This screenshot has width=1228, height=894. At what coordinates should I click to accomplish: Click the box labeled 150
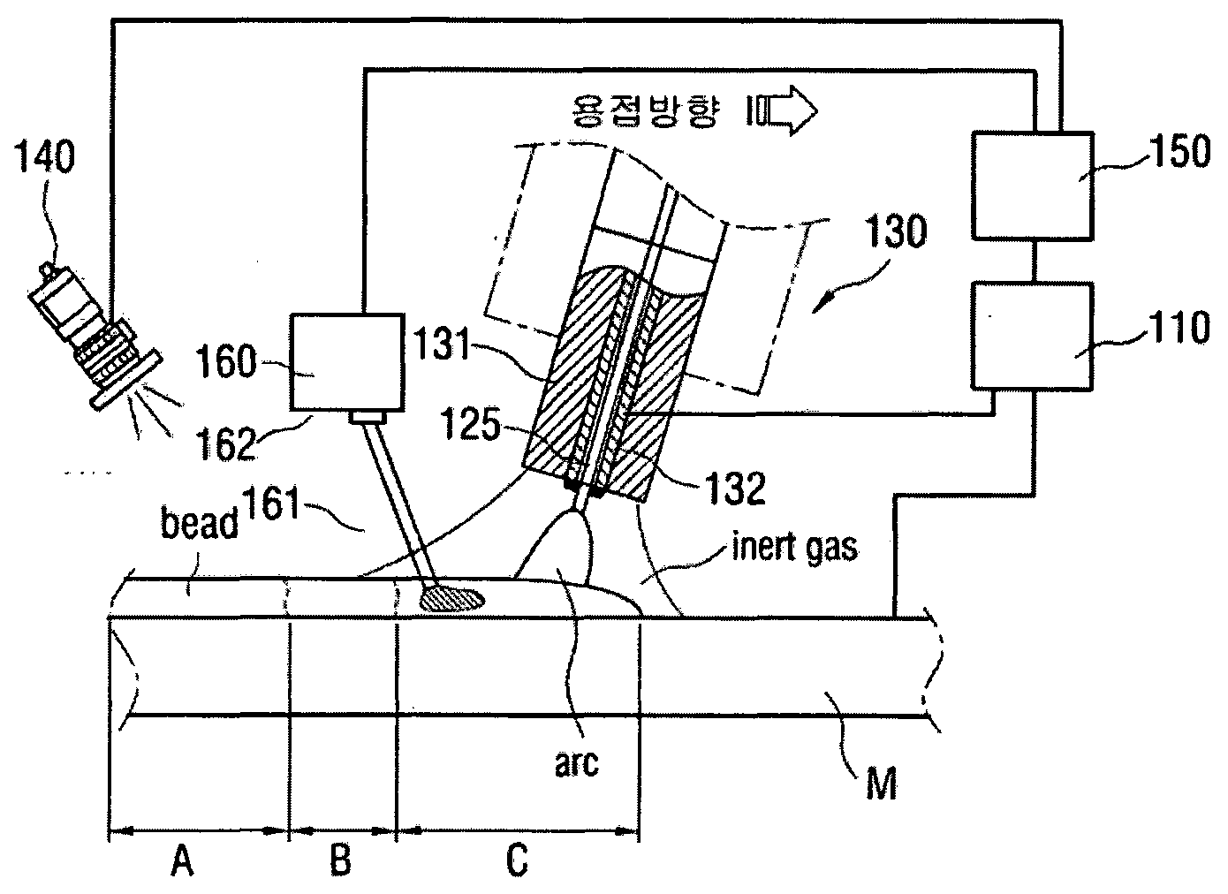tap(1033, 186)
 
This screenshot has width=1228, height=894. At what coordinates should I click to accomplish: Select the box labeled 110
tap(1032, 336)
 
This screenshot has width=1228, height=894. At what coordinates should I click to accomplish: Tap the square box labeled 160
tap(347, 362)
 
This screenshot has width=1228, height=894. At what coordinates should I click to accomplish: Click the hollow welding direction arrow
tap(783, 110)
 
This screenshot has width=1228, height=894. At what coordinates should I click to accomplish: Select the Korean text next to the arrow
tap(644, 111)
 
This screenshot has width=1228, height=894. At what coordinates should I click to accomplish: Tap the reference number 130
tap(895, 231)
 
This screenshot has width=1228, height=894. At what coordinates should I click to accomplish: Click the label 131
tap(442, 344)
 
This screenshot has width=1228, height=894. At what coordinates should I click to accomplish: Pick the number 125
tap(470, 423)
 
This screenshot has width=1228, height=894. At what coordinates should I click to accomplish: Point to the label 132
tap(735, 488)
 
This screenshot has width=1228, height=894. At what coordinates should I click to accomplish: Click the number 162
tap(227, 443)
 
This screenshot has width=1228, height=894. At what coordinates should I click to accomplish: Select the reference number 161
tap(271, 503)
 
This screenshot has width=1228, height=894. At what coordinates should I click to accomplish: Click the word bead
tap(199, 522)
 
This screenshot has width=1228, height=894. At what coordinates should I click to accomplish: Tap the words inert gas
tap(795, 547)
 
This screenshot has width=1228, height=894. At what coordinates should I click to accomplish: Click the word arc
tap(577, 762)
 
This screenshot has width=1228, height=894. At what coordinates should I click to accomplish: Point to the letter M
tap(881, 784)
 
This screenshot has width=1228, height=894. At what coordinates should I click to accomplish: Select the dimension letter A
tap(182, 860)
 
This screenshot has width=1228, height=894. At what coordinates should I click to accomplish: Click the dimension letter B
tap(340, 860)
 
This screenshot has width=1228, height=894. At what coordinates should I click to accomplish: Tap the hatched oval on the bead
tap(452, 599)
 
